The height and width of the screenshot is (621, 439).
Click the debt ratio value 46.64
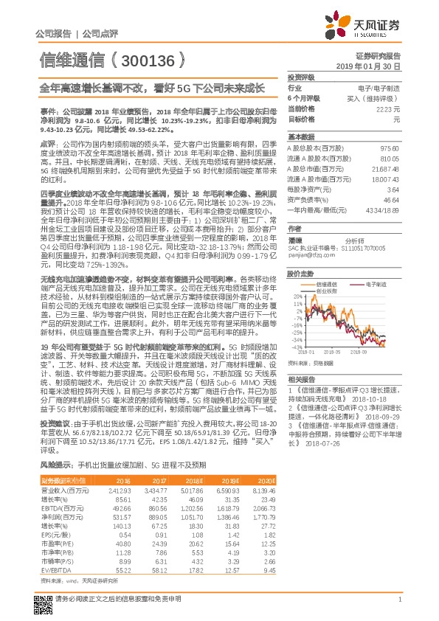tap(392, 200)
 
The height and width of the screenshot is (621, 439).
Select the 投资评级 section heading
tap(301, 77)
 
